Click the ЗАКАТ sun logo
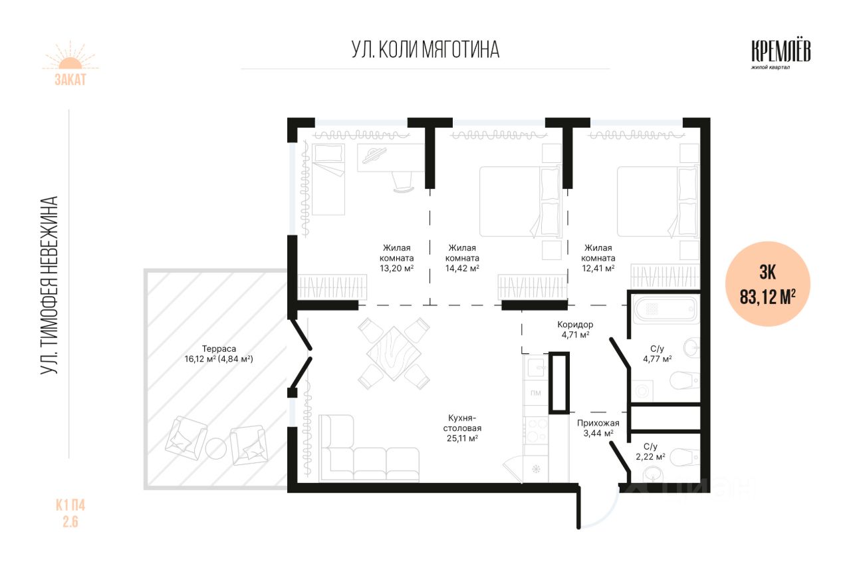(70, 63)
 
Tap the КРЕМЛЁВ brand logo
(781, 55)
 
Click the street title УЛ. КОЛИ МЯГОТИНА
(425, 50)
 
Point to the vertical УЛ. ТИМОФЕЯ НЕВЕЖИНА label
(49, 285)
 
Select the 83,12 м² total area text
(767, 297)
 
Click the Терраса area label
(219, 354)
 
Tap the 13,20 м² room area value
(397, 268)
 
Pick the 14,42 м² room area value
(462, 268)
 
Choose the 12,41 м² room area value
(598, 268)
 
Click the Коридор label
(575, 325)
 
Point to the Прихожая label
(598, 423)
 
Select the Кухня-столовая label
(462, 423)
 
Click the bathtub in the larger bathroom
(666, 309)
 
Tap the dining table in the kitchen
(394, 353)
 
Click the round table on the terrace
(216, 449)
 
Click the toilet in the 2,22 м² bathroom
(685, 457)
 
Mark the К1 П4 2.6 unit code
(70, 513)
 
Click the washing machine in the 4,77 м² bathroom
(642, 390)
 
